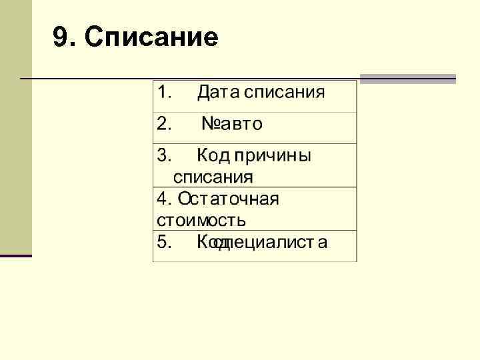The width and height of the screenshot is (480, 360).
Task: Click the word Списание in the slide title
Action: click(152, 38)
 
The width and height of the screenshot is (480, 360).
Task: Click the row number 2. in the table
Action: click(164, 123)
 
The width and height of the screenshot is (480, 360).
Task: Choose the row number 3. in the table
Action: click(164, 156)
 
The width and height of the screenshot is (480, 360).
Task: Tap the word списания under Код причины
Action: click(213, 177)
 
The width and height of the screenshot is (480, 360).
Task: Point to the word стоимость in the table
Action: click(201, 219)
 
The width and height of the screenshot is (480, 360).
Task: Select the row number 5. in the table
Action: click(164, 241)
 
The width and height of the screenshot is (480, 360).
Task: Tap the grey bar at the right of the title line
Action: click(407, 79)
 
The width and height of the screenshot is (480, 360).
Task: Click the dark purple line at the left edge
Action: click(16, 255)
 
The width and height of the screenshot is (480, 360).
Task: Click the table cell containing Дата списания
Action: click(255, 97)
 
